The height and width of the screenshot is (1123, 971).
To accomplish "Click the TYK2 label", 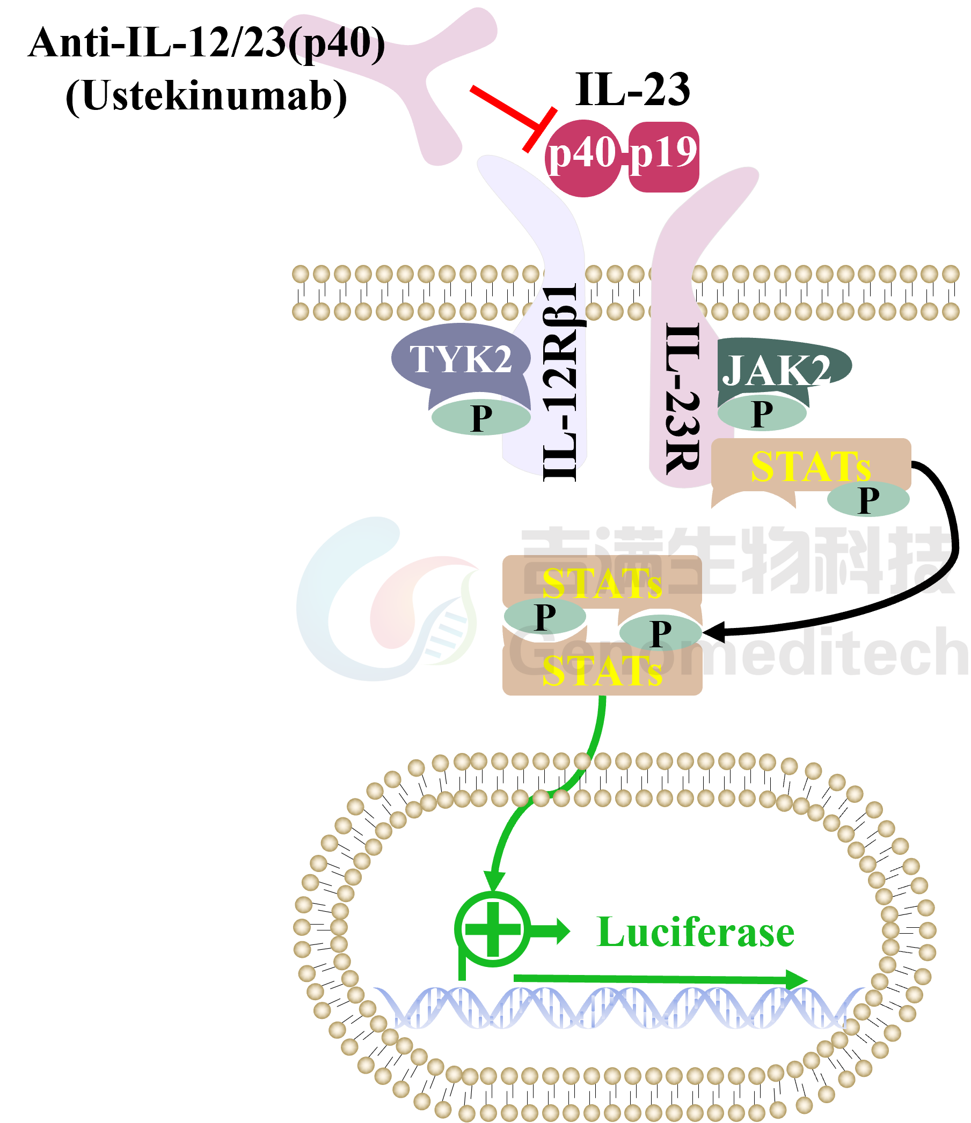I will point(461,359).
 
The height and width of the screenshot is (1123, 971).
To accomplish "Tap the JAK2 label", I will point(776,371).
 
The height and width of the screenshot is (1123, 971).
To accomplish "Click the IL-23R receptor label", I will point(682,398).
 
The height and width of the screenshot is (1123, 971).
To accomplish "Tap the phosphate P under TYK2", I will point(480,418).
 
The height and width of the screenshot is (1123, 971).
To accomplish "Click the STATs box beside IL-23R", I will point(811,466).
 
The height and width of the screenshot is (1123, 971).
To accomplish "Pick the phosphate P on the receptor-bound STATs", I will point(867,500).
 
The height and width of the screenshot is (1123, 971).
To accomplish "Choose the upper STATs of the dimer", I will point(602,583).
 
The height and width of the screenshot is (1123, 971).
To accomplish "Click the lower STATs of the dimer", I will point(602,672).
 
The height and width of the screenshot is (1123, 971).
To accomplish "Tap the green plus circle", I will point(493,929).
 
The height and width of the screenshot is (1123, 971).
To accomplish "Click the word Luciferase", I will point(696,932).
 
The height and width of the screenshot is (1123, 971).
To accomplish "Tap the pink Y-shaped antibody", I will point(428,82).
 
